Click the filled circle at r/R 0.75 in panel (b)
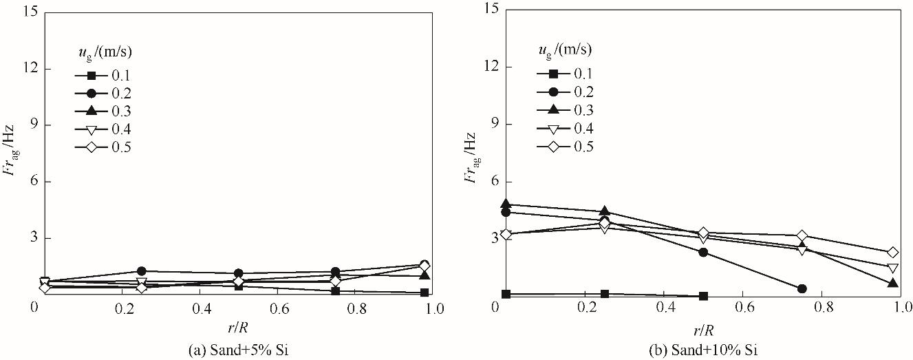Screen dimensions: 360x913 [x=802, y=288]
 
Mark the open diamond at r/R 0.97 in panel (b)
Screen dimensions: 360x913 [x=893, y=253]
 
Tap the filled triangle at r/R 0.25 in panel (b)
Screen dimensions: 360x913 [x=605, y=211]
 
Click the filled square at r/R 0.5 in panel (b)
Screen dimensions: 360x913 [x=703, y=296]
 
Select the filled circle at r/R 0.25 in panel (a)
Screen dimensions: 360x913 [x=142, y=271]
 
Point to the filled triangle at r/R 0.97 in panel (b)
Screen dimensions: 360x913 [x=893, y=283]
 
